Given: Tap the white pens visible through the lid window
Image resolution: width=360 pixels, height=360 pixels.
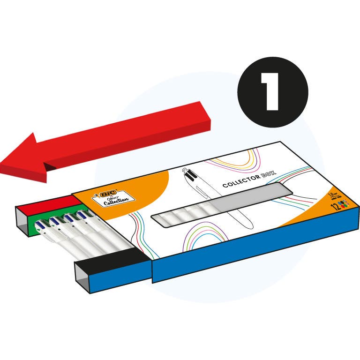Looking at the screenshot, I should click(x=183, y=217).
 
